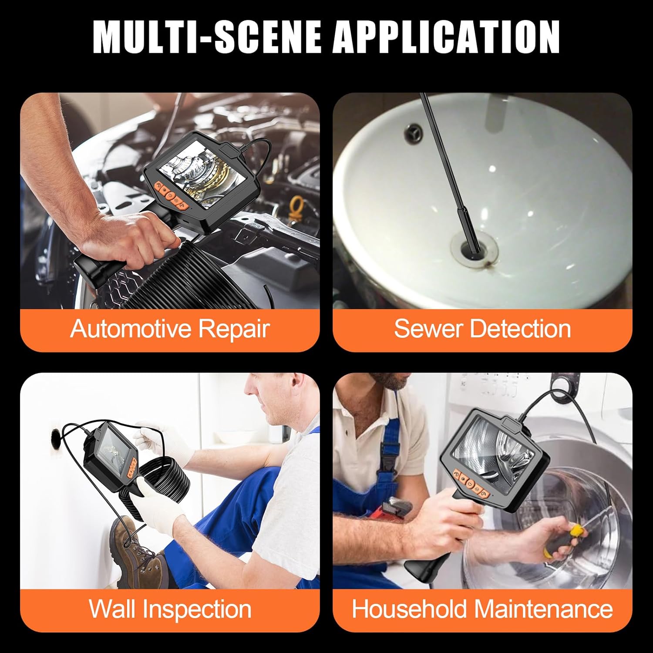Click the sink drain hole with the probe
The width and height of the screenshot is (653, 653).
[473, 248]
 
